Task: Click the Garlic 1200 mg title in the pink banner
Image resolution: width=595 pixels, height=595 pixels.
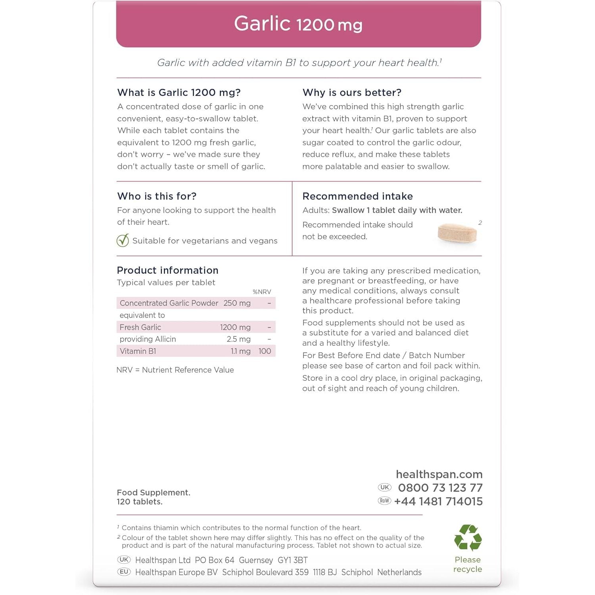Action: point(298,24)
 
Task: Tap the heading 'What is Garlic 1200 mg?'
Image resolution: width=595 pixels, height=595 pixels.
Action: point(179,92)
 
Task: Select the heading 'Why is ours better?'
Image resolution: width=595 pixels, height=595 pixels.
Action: point(352,92)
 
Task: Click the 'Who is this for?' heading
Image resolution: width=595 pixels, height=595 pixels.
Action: point(157,196)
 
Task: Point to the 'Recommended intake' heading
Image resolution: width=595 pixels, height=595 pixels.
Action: point(357,196)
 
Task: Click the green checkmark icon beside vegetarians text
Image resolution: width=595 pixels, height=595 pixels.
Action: point(123,240)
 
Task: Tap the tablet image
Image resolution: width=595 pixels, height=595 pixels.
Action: point(457,233)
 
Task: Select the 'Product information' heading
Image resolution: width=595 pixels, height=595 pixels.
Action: point(167,270)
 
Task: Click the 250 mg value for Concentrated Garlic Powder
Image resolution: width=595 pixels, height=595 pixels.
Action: point(237,303)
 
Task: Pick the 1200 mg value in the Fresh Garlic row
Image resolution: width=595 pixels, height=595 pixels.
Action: point(235,327)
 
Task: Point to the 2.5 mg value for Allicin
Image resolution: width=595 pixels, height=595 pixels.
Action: point(238,339)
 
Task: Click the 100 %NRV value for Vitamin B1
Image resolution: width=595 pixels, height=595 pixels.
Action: point(265,351)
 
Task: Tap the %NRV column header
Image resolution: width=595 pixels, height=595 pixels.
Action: point(262,292)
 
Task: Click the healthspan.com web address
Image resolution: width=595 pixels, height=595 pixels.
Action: point(439,474)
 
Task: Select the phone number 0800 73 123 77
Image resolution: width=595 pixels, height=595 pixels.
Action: point(440,488)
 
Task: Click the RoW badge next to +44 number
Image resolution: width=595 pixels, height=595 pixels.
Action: point(384,501)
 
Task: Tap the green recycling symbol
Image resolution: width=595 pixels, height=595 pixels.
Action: point(468,538)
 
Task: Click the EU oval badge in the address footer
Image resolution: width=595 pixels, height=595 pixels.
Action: point(124,572)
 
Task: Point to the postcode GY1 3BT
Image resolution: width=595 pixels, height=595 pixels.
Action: point(293,560)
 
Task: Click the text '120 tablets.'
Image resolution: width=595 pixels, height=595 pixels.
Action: point(140,502)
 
